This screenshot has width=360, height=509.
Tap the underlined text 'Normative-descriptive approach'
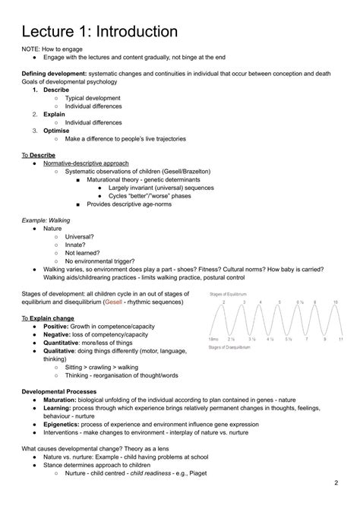pyautogui.click(x=86, y=163)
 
